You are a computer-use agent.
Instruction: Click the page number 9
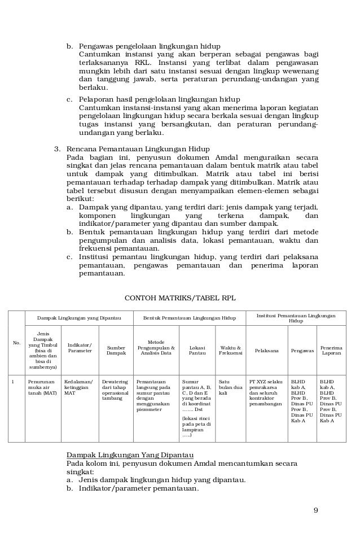coord(315,511)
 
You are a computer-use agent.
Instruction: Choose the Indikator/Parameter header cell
coord(80,348)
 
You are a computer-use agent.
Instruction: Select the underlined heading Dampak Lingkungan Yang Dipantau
coord(130,454)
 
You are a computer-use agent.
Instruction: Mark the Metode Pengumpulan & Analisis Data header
coord(156,347)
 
